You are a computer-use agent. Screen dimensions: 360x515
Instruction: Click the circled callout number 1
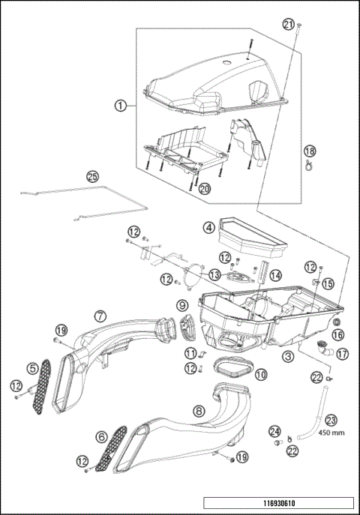(121, 106)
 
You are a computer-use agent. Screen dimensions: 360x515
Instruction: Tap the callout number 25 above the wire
(92, 176)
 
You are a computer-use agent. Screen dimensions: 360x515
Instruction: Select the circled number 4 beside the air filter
(209, 228)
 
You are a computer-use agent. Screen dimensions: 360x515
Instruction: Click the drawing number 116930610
(279, 503)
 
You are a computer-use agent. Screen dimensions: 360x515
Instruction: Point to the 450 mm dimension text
(331, 433)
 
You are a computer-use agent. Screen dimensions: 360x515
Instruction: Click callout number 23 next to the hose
(331, 421)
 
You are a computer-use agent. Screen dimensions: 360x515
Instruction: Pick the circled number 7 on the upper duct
(100, 316)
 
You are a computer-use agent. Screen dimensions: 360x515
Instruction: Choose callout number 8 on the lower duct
(199, 410)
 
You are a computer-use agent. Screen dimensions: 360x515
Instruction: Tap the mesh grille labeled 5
(42, 387)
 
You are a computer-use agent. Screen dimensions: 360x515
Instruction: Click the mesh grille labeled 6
(111, 448)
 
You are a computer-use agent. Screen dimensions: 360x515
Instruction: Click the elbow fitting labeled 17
(324, 349)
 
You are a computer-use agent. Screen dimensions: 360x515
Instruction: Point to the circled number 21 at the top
(289, 25)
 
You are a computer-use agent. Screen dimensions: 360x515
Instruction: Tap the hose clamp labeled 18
(308, 165)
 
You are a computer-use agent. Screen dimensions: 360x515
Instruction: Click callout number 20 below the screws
(204, 189)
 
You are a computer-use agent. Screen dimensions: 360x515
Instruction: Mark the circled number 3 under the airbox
(288, 356)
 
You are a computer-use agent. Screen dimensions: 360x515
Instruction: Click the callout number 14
(275, 275)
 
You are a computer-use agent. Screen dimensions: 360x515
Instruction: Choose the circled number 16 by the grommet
(338, 334)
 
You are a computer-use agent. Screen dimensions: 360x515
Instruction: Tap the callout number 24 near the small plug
(275, 431)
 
